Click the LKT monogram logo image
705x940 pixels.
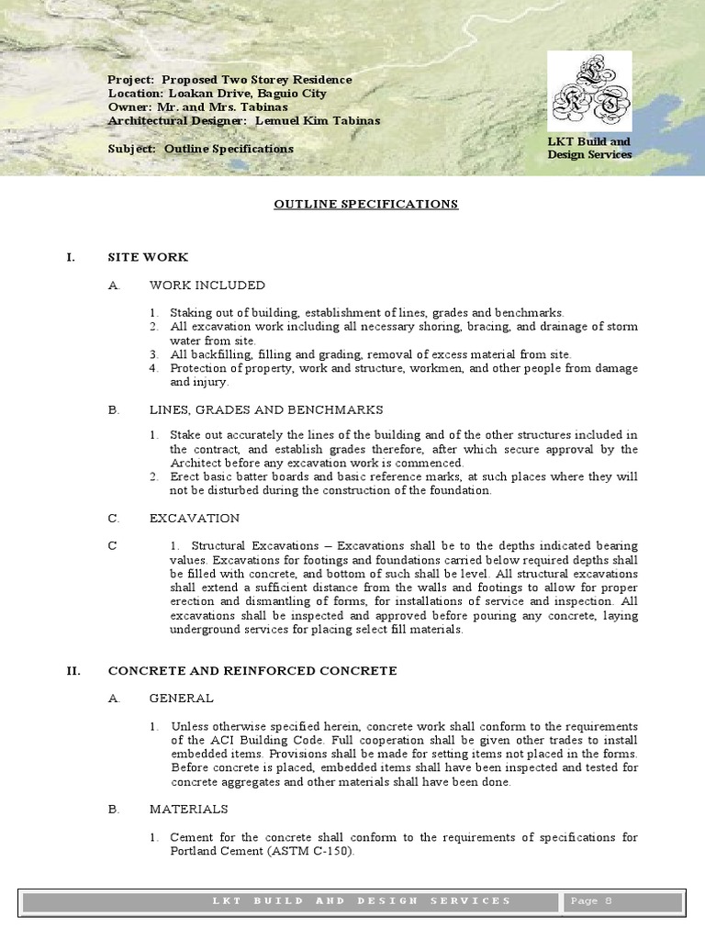pos(589,92)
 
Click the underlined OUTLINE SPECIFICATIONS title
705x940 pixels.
pos(365,204)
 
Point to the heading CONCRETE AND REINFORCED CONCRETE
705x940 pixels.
pos(252,671)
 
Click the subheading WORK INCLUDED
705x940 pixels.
pos(207,285)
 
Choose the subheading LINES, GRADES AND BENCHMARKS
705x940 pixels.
pos(266,409)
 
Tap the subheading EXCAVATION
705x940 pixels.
pos(195,519)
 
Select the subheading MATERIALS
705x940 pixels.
pos(189,810)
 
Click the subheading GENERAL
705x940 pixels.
pos(182,699)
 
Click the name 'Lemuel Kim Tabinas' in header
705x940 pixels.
pos(317,120)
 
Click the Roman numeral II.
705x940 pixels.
pos(73,671)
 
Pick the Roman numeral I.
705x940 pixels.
pos(70,258)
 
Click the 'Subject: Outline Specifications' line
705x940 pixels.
pos(200,149)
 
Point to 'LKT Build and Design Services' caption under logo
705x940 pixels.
pos(589,149)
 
